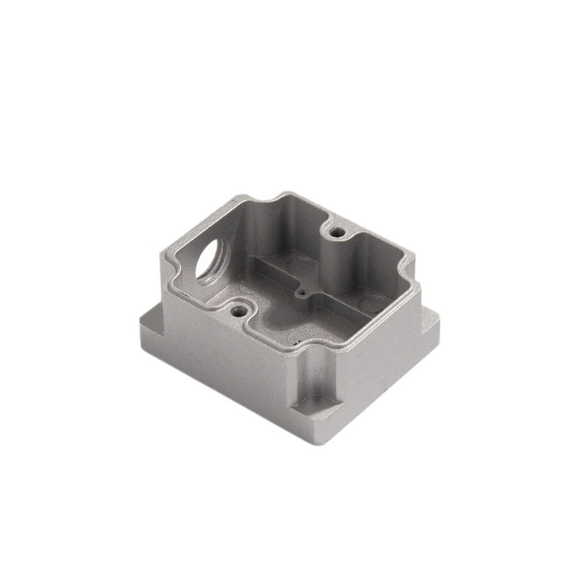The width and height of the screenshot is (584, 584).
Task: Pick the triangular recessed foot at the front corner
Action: (316, 404)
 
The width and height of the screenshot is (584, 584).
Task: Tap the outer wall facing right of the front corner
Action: (377, 365)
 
